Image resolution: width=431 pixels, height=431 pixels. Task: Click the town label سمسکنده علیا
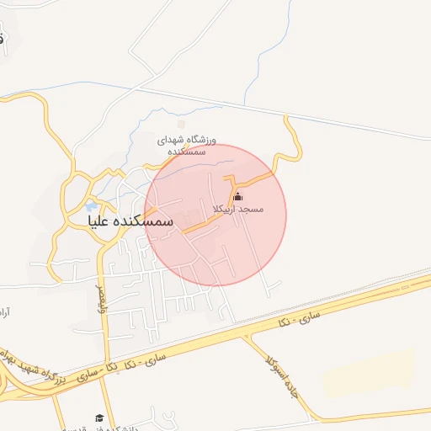(130, 221)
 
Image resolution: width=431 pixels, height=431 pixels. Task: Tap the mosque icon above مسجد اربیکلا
(237, 197)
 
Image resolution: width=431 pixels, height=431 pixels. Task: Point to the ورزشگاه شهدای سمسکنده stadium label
(187, 146)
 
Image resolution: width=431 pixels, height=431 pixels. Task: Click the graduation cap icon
(100, 418)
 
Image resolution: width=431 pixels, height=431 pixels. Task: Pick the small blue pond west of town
(91, 205)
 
